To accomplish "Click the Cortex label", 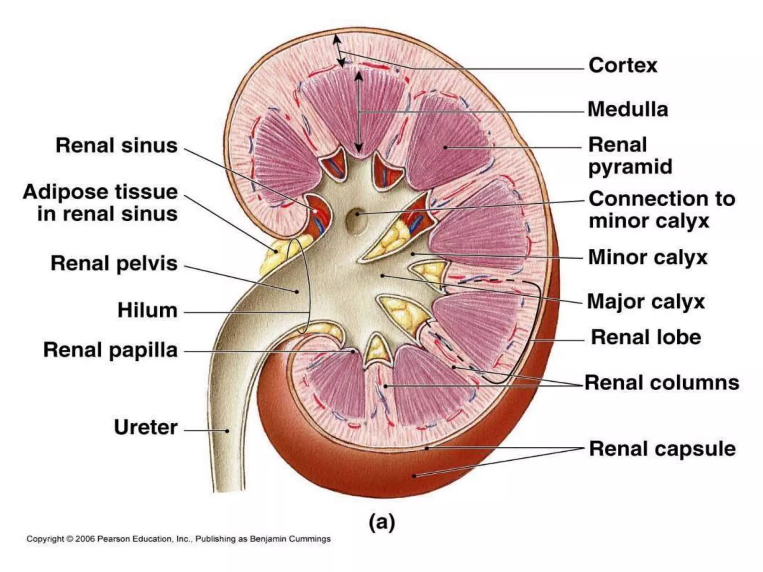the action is coord(623,66).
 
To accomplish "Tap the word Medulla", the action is coord(628,109).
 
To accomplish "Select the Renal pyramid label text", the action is coord(630,156).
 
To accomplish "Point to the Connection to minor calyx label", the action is coord(662,209).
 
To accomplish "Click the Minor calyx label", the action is coord(648,257).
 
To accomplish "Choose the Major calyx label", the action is coord(646,301).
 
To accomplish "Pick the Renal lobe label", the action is coord(646,337).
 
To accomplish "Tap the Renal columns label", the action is coord(662,382).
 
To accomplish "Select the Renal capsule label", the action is coord(662,449).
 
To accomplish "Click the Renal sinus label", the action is coord(117,145).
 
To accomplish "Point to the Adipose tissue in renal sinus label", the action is coord(101,203).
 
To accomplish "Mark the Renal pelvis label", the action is coord(114,263).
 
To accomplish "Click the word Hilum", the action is coord(148,310).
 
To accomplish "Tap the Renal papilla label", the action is coord(111,350).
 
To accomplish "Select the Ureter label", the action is coord(146,427).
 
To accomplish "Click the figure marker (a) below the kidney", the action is coord(381,522).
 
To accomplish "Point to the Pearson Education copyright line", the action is coord(178,539).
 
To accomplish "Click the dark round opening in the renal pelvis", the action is coord(355,220).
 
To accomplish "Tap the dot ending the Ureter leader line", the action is coord(227,431).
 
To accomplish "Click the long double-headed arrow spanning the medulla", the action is coord(358,112).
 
